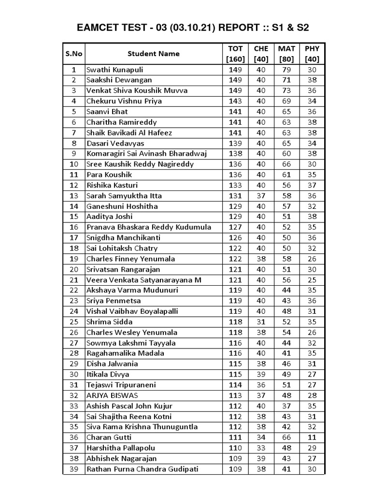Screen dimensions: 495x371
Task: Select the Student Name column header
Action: [x=153, y=54]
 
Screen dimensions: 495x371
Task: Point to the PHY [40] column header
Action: [x=312, y=54]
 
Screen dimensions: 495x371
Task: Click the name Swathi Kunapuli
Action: [x=114, y=70]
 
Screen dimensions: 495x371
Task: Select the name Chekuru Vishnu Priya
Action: [x=124, y=101]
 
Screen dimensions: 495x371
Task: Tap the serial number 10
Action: [x=74, y=164]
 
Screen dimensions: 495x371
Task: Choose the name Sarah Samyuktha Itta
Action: [x=124, y=196]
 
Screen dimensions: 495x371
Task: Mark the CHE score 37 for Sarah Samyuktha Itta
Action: [x=261, y=196]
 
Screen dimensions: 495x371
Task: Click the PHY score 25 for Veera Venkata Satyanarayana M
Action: [x=312, y=280]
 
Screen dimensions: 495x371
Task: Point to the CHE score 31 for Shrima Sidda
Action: [x=261, y=322]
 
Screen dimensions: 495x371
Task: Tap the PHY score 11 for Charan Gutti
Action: [x=312, y=437]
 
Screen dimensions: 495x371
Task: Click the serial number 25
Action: [x=74, y=322]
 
